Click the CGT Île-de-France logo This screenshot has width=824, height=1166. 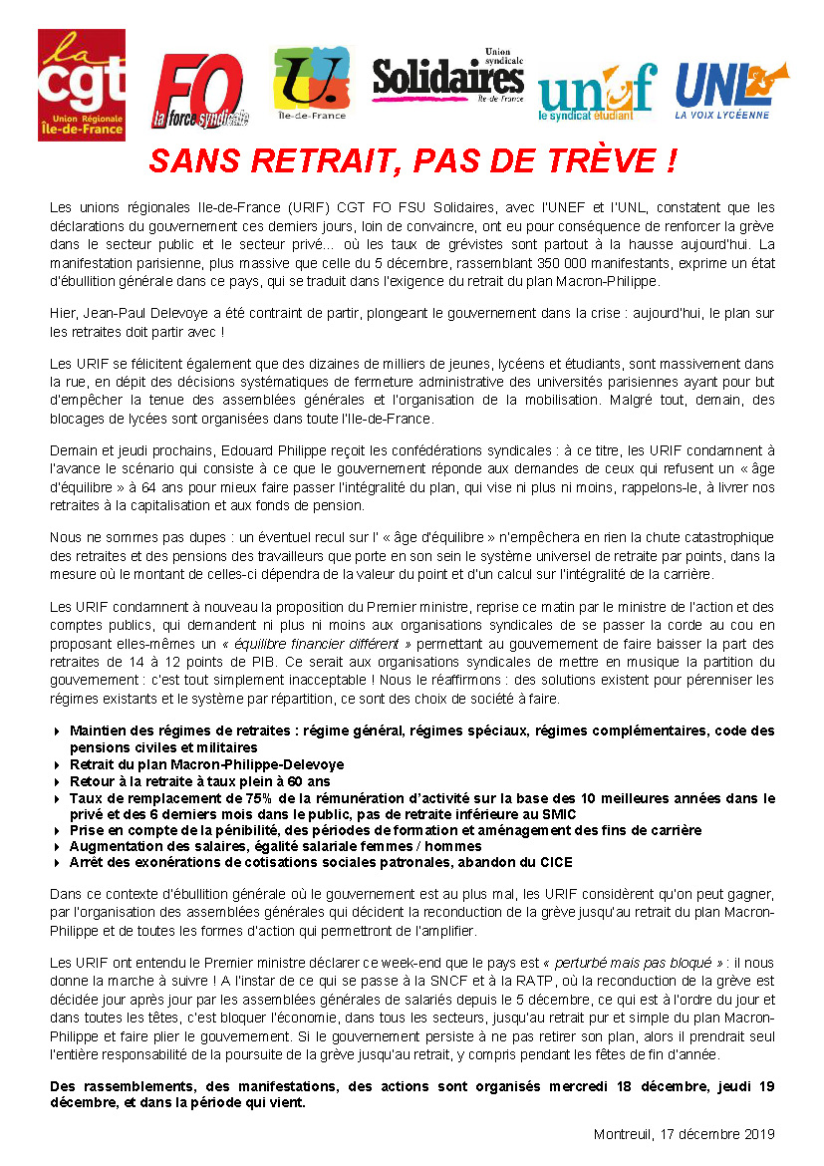(x=82, y=86)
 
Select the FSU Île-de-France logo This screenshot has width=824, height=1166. (x=310, y=84)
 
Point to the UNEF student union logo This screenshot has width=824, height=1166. (x=597, y=91)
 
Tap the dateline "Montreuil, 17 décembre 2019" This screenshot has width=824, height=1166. (x=684, y=1134)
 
